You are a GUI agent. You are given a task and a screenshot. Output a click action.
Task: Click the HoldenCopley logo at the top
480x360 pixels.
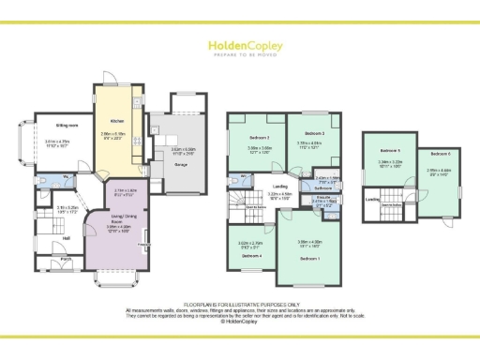coord(239,46)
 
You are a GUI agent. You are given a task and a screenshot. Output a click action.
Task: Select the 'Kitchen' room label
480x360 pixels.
coord(117,123)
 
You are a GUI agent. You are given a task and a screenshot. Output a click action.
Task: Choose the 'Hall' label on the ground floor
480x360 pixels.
coord(67,238)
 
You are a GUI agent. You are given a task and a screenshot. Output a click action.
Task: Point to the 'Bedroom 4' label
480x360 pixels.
coord(251,255)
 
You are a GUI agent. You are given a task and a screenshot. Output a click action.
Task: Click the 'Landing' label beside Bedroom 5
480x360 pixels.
coord(371,199)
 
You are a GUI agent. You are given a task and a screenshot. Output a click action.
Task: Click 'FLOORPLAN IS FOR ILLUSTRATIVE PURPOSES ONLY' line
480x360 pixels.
coord(239,305)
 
